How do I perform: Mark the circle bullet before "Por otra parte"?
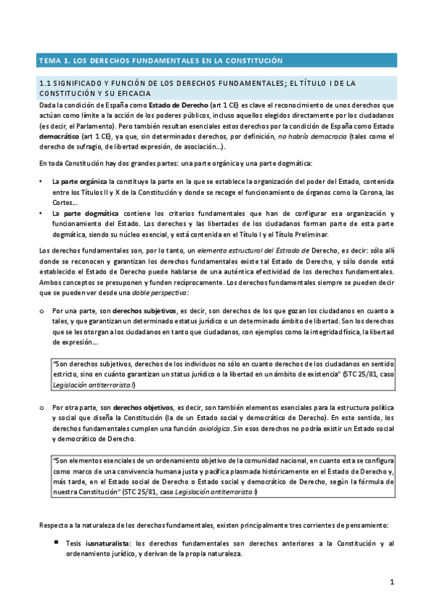point(43,408)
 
